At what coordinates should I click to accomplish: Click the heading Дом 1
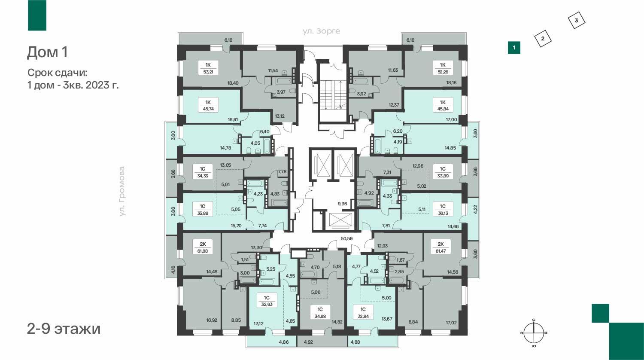click(47, 52)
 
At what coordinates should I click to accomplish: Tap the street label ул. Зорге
click(321, 31)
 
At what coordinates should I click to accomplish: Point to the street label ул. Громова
click(122, 191)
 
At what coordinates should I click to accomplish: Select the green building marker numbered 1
click(514, 48)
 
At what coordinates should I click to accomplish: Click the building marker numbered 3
click(576, 21)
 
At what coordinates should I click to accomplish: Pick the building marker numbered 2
click(543, 39)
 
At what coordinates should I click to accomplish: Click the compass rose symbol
click(534, 333)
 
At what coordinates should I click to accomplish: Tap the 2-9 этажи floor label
click(64, 329)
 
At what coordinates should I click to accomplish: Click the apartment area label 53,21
click(208, 72)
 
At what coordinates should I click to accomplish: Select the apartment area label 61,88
click(203, 251)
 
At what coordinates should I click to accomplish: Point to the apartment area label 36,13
click(443, 213)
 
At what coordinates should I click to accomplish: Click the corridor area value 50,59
click(346, 238)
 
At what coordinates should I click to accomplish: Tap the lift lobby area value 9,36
click(343, 204)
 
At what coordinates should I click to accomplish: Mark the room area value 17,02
click(451, 323)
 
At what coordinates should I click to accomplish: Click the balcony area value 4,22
click(475, 209)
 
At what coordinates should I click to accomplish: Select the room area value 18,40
click(233, 83)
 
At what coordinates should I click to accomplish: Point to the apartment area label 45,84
click(443, 109)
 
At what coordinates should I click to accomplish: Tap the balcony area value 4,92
click(308, 342)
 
